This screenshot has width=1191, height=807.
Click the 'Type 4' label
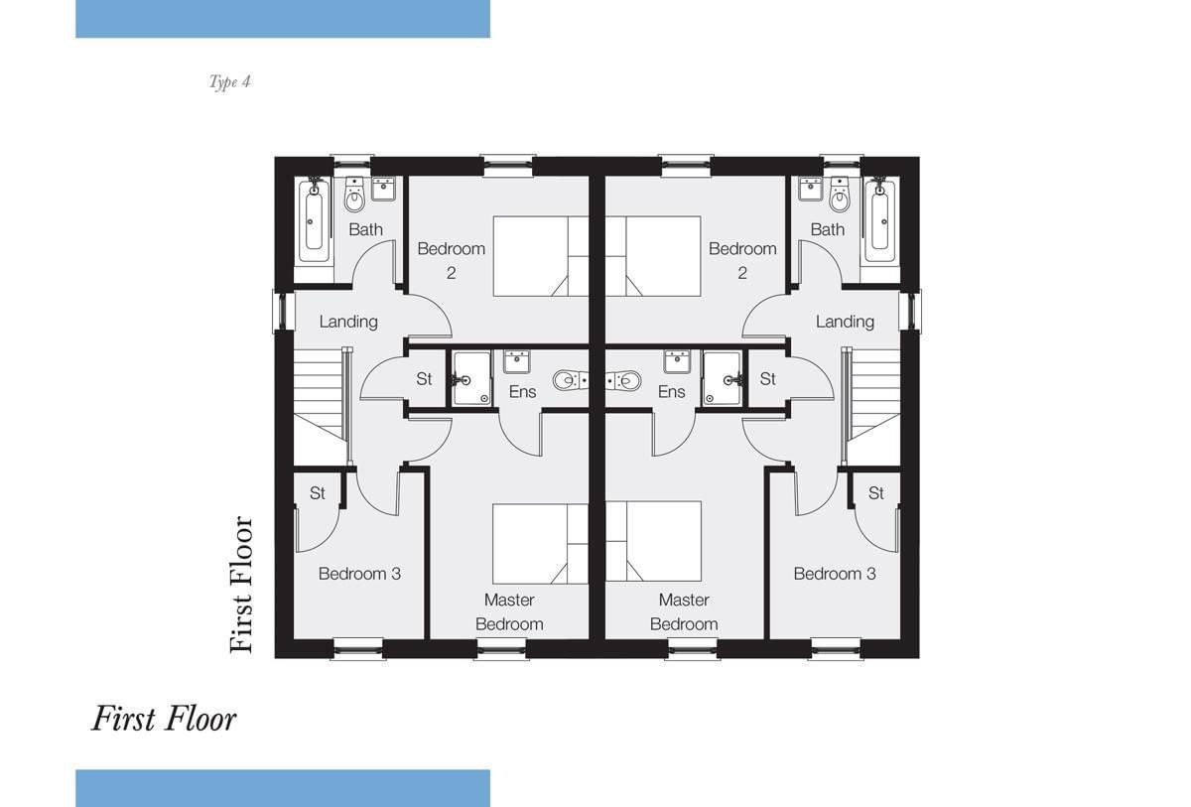click(229, 81)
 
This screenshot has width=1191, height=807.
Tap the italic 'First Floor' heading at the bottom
click(164, 719)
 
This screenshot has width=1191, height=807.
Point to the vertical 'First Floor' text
click(241, 585)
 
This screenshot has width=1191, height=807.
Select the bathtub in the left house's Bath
click(314, 221)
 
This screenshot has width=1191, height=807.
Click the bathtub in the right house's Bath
click(880, 221)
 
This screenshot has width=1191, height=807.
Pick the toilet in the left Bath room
click(354, 195)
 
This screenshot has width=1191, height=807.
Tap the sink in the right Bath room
click(811, 189)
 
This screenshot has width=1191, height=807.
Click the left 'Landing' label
click(348, 322)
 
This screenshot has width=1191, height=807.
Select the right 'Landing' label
click(845, 322)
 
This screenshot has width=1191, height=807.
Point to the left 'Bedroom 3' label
click(359, 574)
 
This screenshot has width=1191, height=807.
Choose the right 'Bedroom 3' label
click(835, 574)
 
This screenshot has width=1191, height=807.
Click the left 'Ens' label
click(523, 392)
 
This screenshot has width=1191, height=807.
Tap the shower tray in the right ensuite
click(723, 378)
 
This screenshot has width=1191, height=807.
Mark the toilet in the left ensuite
click(570, 380)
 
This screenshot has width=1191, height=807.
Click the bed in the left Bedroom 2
click(541, 256)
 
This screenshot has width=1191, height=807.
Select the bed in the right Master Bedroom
click(653, 541)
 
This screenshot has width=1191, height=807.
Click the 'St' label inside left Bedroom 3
click(318, 493)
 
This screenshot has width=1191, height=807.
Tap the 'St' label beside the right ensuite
click(768, 379)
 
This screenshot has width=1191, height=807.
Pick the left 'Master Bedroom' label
click(509, 611)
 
